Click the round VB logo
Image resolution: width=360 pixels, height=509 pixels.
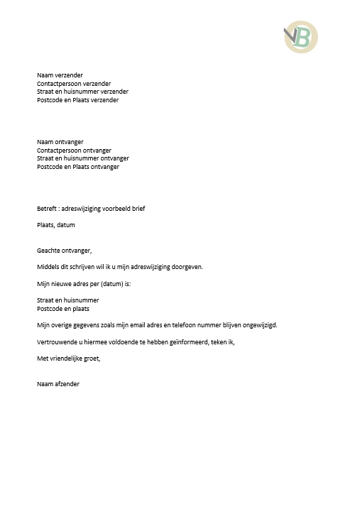(x=301, y=37)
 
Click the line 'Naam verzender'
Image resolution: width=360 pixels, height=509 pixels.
(x=60, y=75)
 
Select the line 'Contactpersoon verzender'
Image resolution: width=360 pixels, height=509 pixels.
(x=74, y=83)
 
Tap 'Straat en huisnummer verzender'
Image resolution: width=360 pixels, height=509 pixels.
(x=82, y=92)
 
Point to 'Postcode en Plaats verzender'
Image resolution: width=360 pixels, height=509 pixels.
(x=77, y=100)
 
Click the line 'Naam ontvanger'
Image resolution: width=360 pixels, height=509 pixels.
(x=60, y=142)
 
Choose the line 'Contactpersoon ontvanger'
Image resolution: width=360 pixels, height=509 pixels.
(x=74, y=150)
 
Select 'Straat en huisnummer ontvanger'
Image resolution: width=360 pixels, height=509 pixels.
(x=82, y=158)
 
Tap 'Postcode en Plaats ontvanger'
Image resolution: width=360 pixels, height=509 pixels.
(x=77, y=167)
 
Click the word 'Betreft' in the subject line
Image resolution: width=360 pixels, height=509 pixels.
(x=47, y=209)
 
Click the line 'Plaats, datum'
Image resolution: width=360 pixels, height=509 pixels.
(x=56, y=225)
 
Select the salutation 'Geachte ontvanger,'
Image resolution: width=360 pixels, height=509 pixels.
(x=65, y=251)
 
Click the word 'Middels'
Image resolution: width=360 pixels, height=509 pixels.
(x=49, y=267)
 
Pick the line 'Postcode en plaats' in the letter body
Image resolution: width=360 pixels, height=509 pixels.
(x=63, y=309)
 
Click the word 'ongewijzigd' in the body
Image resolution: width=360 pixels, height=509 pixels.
(x=258, y=325)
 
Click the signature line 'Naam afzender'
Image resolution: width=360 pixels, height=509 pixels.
(x=58, y=384)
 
